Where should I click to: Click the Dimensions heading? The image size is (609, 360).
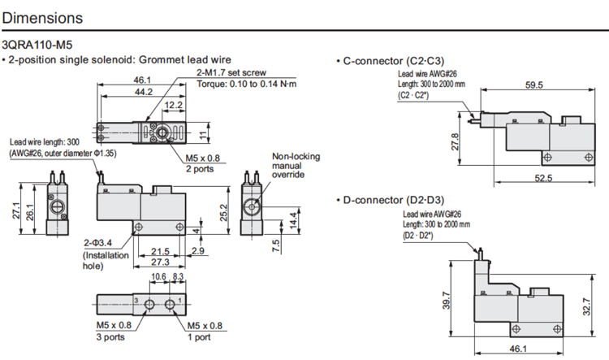click(x=41, y=17)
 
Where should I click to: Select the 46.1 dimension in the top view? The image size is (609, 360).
click(x=143, y=80)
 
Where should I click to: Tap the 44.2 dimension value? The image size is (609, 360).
click(x=143, y=93)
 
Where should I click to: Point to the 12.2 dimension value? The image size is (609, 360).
click(x=172, y=106)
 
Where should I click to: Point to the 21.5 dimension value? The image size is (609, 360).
click(x=161, y=251)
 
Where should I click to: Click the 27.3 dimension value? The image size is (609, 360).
click(x=161, y=263)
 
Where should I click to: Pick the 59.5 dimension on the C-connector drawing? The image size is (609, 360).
click(x=533, y=85)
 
